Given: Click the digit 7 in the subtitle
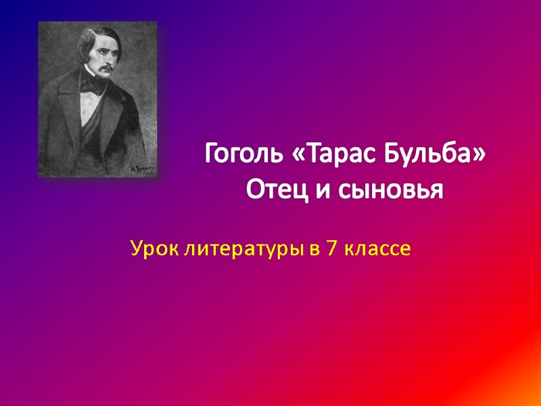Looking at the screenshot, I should point(332,250).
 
